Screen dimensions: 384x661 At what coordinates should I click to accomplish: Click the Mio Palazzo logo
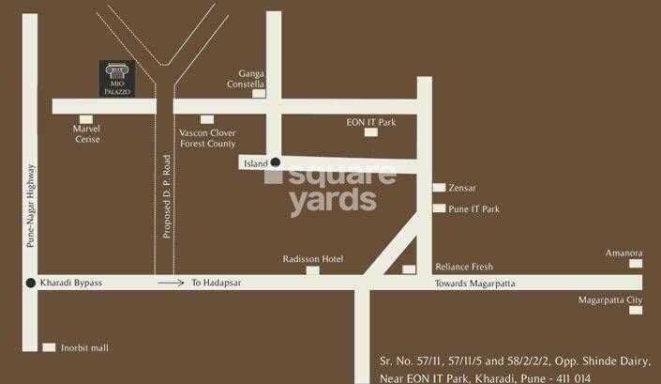click(117, 78)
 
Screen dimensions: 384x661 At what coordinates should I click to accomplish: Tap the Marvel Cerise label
click(88, 134)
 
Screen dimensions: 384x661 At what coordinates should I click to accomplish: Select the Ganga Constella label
click(246, 78)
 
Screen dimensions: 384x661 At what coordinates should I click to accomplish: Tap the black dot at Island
click(276, 162)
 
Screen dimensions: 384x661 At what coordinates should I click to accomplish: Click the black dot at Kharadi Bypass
click(31, 283)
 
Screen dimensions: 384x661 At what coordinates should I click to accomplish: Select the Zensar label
click(463, 188)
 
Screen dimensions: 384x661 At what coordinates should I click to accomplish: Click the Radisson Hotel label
click(313, 259)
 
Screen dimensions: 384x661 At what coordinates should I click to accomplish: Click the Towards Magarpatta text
click(475, 283)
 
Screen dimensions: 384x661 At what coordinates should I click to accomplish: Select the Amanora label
click(623, 253)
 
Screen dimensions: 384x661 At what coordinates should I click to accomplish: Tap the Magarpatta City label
click(610, 300)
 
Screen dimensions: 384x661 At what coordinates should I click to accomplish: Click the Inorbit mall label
click(86, 348)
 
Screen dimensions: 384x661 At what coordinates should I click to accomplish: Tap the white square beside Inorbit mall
click(49, 347)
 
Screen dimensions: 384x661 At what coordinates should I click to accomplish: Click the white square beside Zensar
click(439, 188)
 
